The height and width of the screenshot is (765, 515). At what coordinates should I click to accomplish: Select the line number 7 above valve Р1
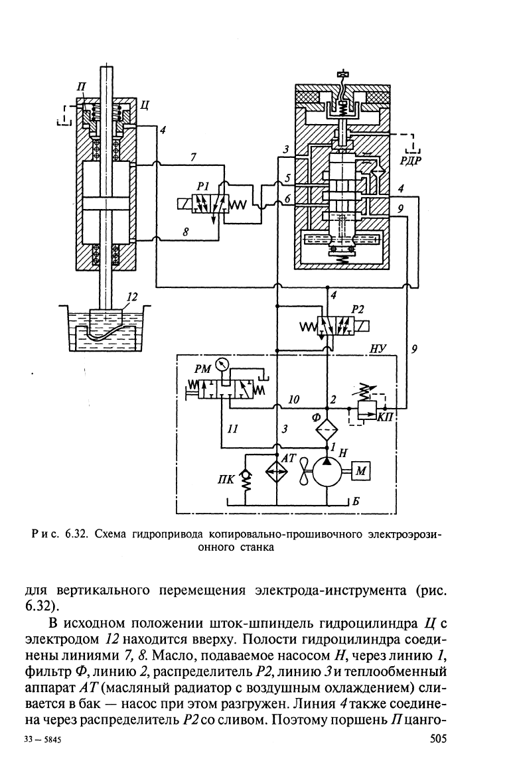point(193,157)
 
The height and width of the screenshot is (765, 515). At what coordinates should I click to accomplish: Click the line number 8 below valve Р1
point(186,232)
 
